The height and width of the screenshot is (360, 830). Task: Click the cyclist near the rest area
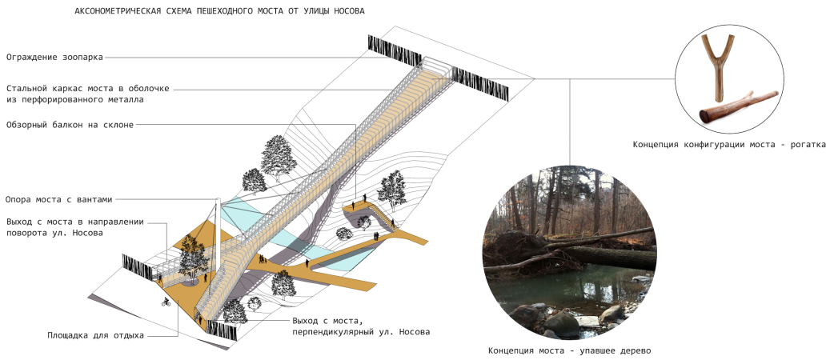coord(166,302)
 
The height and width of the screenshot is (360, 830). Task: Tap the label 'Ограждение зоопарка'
coord(54,57)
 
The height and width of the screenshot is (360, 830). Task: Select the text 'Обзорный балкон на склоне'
coord(70,124)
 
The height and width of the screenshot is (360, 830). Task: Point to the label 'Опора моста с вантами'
coord(65,198)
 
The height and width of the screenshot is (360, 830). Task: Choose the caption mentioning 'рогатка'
coord(729,145)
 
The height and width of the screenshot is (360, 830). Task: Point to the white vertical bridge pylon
coord(216,240)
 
